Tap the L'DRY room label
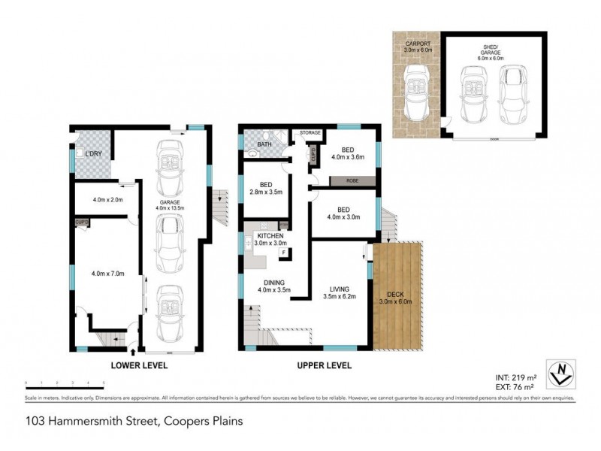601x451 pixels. [93, 154]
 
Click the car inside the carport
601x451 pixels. [416, 93]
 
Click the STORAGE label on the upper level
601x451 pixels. [310, 133]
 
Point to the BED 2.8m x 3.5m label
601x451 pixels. [266, 188]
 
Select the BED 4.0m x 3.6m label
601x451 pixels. [347, 153]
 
